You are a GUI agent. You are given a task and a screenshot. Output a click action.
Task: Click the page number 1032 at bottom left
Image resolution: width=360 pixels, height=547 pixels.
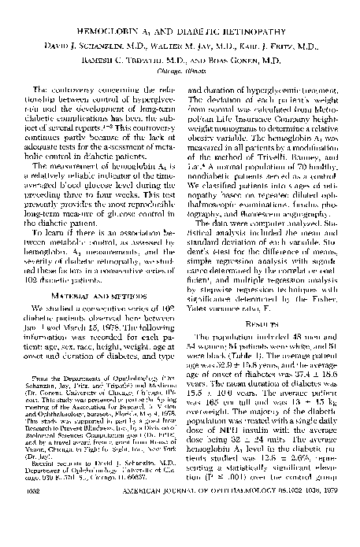(x=36, y=534)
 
